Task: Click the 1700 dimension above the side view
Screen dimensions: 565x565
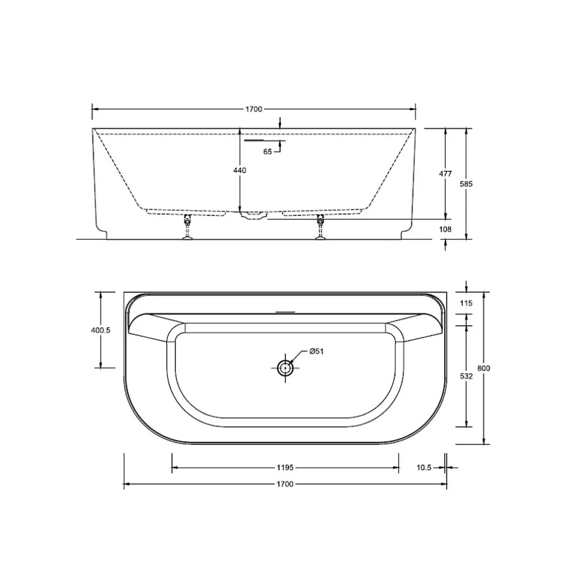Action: [254, 109]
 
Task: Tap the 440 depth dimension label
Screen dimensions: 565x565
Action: [240, 170]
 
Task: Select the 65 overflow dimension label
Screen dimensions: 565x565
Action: [267, 151]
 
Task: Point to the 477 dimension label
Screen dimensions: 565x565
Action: [445, 174]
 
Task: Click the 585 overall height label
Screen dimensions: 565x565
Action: [466, 184]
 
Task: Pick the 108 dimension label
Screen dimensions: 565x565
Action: [445, 229]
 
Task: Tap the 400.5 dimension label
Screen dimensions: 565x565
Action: [100, 330]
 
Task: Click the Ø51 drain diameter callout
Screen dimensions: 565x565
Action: [316, 351]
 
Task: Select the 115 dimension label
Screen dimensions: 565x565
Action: [466, 303]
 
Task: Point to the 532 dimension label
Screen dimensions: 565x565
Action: [466, 376]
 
